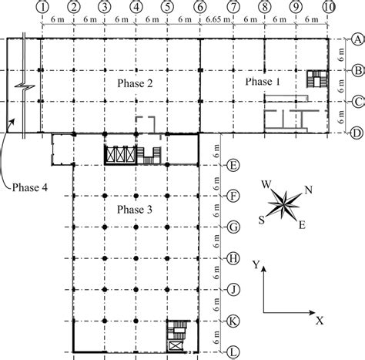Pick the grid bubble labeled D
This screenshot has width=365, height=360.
click(x=357, y=133)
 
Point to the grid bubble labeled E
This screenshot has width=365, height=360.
click(x=232, y=164)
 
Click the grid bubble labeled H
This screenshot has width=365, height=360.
click(x=232, y=259)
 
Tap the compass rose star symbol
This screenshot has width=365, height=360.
click(x=284, y=205)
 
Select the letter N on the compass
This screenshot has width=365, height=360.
click(x=309, y=190)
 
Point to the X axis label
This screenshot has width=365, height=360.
click(x=318, y=316)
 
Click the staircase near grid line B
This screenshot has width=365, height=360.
click(x=316, y=79)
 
